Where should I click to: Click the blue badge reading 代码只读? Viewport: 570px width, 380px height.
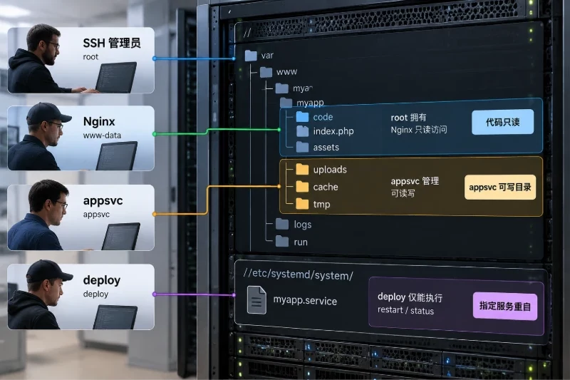pyautogui.click(x=503, y=122)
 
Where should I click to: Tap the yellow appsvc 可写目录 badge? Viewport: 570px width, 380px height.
pyautogui.click(x=500, y=188)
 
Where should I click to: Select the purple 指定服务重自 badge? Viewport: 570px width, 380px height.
pyautogui.click(x=505, y=306)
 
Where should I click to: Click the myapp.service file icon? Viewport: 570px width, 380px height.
pyautogui.click(x=256, y=300)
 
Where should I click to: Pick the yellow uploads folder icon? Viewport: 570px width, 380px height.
pyautogui.click(x=302, y=169)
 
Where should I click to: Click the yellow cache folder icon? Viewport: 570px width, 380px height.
pyautogui.click(x=302, y=187)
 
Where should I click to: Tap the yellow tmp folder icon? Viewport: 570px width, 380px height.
pyautogui.click(x=302, y=204)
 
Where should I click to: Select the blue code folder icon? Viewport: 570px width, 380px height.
pyautogui.click(x=302, y=117)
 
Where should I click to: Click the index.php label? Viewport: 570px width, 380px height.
pyautogui.click(x=333, y=131)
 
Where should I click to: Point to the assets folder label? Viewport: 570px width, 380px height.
pyautogui.click(x=326, y=148)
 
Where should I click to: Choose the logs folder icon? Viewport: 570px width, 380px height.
pyautogui.click(x=282, y=224)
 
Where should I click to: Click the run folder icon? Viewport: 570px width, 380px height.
pyautogui.click(x=282, y=241)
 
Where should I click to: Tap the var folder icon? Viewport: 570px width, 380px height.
pyautogui.click(x=251, y=56)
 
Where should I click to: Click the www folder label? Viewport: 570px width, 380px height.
pyautogui.click(x=286, y=72)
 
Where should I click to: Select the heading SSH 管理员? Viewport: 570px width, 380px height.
pyautogui.click(x=112, y=43)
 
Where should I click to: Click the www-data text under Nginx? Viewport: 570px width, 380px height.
pyautogui.click(x=102, y=135)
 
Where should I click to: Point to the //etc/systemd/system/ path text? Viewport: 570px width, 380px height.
pyautogui.click(x=298, y=274)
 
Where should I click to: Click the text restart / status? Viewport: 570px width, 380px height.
pyautogui.click(x=405, y=310)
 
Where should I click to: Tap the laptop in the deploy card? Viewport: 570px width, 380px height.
pyautogui.click(x=115, y=317)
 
